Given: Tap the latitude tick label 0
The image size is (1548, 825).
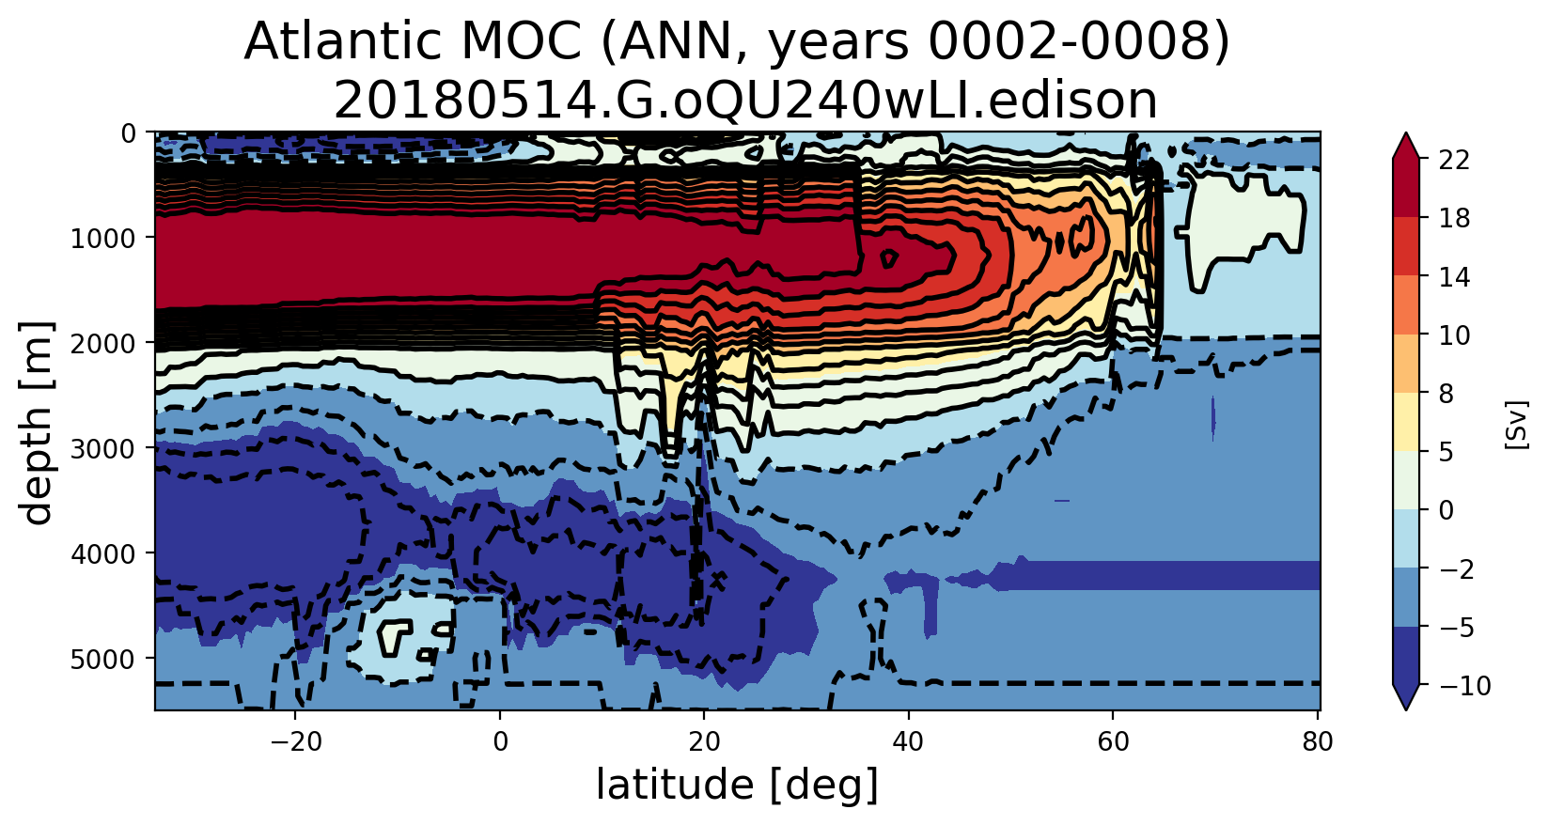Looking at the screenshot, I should point(500,741).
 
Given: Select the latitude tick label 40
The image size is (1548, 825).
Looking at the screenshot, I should point(908,741).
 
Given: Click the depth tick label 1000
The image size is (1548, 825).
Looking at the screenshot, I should point(104,238).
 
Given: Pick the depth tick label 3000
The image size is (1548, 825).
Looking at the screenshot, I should point(104,448).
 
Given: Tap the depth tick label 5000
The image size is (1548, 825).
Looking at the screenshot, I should point(104,659).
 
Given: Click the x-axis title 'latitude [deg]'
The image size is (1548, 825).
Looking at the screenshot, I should point(737,786).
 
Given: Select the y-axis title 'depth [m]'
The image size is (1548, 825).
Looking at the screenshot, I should point(38,422).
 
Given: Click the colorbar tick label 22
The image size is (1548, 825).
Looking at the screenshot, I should point(1454,161).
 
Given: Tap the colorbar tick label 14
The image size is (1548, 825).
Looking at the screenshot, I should point(1454,277).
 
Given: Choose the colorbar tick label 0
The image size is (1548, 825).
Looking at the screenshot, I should point(1446,510).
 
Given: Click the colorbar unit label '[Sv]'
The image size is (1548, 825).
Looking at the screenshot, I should point(1515,424).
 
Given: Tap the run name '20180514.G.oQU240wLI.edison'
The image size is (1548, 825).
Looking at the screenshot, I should point(745,101).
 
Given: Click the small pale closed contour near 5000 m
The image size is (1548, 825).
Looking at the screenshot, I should point(397,636).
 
